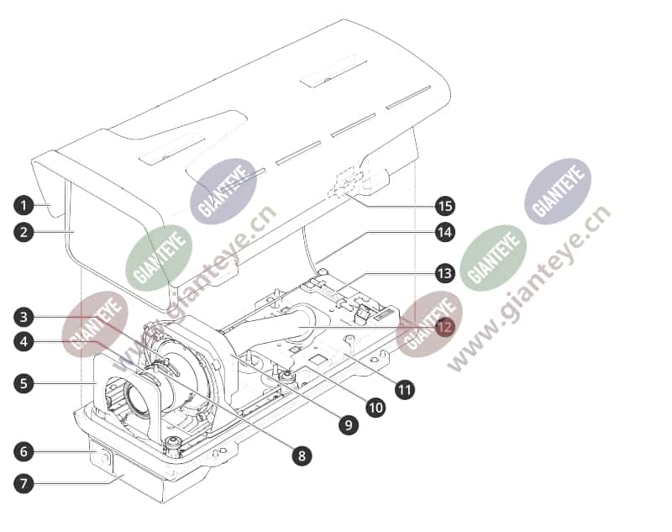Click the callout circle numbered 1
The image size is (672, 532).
(x=24, y=205)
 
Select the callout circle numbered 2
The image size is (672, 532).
(x=24, y=232)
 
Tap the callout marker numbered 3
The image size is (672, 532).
(x=24, y=317)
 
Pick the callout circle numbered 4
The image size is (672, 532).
(x=24, y=342)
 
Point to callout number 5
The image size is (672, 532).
(x=24, y=382)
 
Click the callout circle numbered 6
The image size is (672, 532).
(x=24, y=451)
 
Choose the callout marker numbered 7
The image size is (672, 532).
(x=24, y=483)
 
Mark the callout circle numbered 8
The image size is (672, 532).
(x=302, y=456)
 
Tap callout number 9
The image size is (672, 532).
(x=348, y=424)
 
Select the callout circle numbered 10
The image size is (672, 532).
(x=375, y=408)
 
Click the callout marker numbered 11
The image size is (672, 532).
(x=405, y=390)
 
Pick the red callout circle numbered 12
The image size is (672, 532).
(x=444, y=327)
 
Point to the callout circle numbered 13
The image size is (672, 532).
(x=444, y=273)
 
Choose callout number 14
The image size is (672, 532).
(x=444, y=232)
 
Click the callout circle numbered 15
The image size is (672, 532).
(x=444, y=206)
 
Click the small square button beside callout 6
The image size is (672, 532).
(x=106, y=458)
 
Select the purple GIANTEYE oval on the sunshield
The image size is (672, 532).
(x=223, y=191)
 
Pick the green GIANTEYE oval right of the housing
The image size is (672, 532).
(x=493, y=258)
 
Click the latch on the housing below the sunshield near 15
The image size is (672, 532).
(x=345, y=185)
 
